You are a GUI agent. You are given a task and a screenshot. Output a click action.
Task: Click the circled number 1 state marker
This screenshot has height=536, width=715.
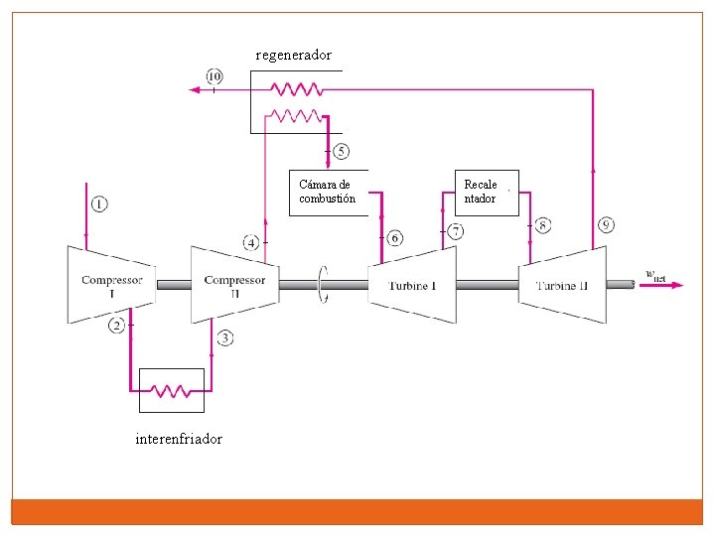pos(99,203)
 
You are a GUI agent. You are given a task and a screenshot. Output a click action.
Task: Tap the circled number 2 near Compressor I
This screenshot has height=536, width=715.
pos(117,326)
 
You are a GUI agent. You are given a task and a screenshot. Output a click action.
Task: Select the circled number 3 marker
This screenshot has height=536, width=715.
pos(225,338)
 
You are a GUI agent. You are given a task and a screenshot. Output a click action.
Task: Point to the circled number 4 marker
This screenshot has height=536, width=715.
pos(252,242)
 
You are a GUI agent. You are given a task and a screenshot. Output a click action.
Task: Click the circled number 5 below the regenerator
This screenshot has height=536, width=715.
pos(341,152)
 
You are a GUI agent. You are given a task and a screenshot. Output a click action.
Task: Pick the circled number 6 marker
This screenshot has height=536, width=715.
pos(395,237)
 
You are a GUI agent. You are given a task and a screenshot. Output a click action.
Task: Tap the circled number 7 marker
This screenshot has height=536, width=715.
pos(455,231)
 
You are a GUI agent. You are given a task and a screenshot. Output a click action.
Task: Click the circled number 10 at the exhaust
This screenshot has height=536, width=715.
pos(214,76)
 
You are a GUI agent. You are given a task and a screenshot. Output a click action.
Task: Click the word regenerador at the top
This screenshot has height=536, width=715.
pos(293,55)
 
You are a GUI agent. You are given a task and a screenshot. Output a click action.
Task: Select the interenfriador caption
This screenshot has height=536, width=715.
pos(179,439)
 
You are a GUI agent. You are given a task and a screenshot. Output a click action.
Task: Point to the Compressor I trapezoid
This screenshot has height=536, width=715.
pos(111,285)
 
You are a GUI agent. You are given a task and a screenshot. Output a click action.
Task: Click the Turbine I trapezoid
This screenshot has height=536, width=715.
pos(412,285)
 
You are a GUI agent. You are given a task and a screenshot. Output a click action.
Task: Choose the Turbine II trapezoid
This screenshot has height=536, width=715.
pos(563,285)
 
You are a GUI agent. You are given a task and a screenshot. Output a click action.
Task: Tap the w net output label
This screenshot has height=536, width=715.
pos(656,276)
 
